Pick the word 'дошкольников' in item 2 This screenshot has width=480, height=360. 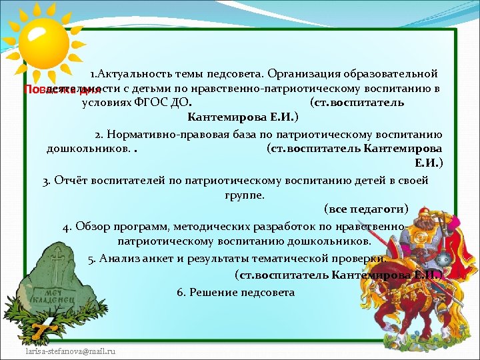pyautogui.click(x=89, y=147)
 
